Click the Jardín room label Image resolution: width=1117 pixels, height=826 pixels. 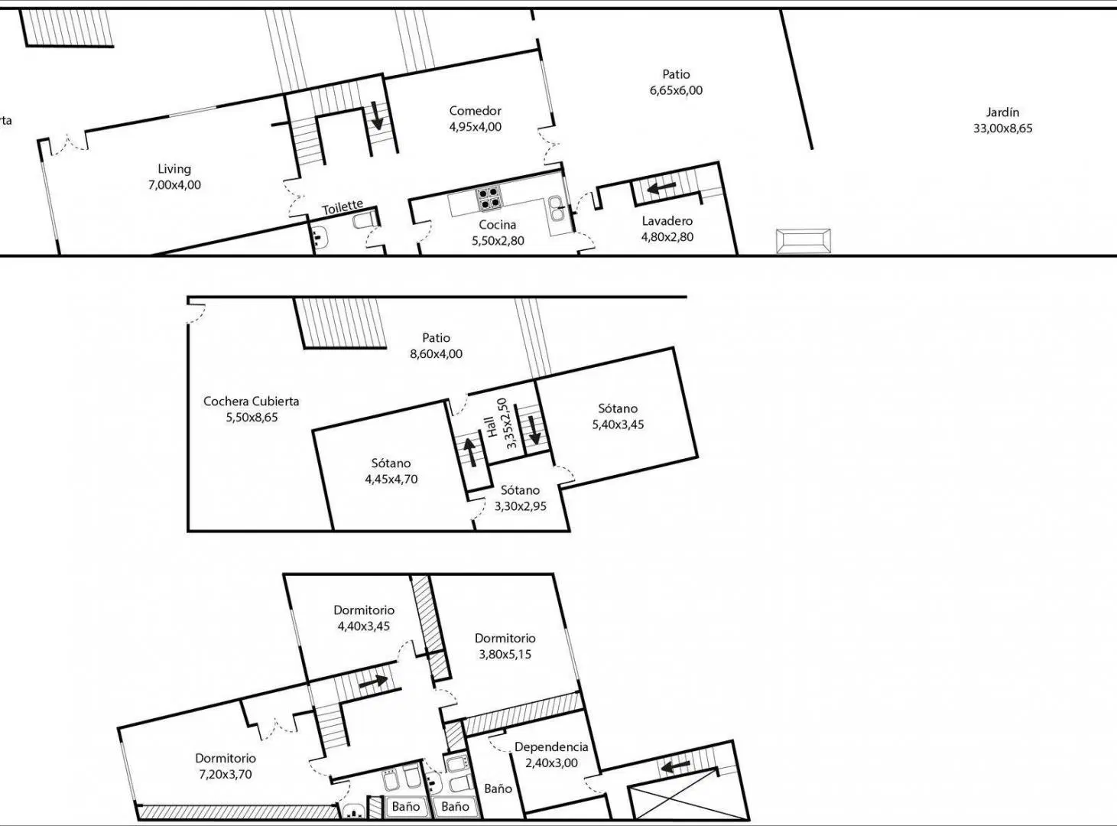coord(1002,112)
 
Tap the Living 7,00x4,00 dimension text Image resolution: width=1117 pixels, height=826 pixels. coord(174,185)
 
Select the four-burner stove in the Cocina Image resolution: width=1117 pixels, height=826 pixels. coord(489,197)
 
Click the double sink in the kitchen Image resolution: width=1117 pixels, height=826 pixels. coord(557,209)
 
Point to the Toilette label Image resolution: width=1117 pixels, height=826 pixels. coord(343,206)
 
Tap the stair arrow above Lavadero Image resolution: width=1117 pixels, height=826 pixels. coord(661,188)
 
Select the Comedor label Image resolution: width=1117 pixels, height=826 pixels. coord(475,111)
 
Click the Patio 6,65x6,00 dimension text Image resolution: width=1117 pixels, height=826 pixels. coord(676,91)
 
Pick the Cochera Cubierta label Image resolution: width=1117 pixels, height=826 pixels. coord(252,402)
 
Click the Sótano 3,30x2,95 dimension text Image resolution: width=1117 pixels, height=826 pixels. coord(520,506)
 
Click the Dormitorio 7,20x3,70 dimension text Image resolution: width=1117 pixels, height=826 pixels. coord(226,774)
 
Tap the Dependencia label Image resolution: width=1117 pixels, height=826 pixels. coord(551,746)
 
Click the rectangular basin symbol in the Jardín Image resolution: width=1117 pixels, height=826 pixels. coord(804,241)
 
